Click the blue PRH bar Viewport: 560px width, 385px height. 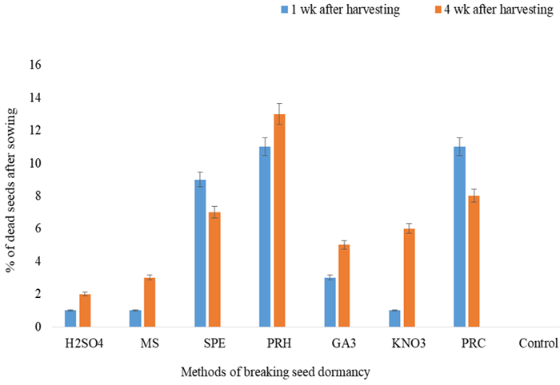coord(264,236)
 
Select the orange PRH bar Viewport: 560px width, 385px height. coord(279,220)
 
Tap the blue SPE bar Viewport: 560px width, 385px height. coord(200,253)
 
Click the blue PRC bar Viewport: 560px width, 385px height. coord(459,236)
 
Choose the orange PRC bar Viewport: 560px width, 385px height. coord(474,261)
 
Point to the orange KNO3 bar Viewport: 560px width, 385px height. coord(409,277)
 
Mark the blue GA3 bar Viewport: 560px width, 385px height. coord(329,302)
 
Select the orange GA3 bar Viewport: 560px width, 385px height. coord(344,286)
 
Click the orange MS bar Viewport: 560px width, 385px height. coord(150,302)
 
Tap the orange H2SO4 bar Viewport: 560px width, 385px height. coord(85,310)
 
